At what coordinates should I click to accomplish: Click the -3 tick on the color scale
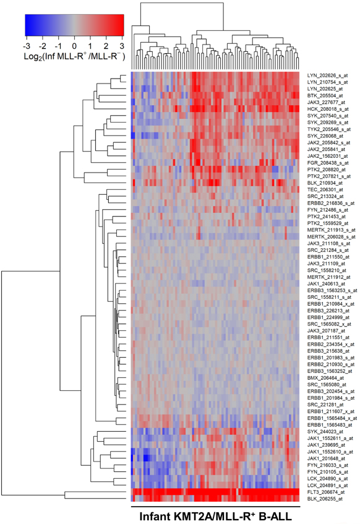tap(25, 46)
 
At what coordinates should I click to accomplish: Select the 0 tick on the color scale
tap(74, 46)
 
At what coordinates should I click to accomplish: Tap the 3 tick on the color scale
tap(122, 46)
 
